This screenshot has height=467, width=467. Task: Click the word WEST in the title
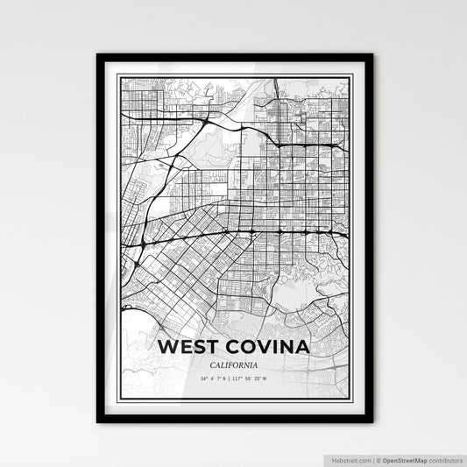187,346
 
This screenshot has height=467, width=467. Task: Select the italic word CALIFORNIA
234,364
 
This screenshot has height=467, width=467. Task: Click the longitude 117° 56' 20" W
256,379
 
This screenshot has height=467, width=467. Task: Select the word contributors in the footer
444,460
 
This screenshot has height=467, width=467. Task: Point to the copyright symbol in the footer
378,460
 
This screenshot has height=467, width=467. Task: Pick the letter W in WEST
166,346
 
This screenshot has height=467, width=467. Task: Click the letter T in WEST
210,346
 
